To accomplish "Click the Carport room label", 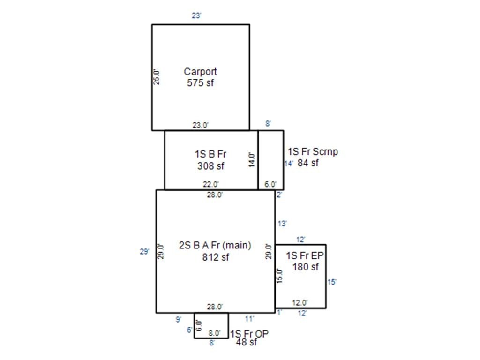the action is (200, 72).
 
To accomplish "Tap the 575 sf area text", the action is (200, 82).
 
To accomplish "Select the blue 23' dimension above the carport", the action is (196, 15).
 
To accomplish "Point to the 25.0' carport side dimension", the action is (156, 77).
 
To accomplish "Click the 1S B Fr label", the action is (210, 154).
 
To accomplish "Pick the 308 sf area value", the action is (210, 166).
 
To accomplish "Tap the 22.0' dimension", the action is (211, 184).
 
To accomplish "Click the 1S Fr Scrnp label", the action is (313, 151).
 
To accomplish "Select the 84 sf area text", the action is (308, 163).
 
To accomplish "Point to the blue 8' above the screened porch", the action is (268, 124).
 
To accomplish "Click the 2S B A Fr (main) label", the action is (215, 245).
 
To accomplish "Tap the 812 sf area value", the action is (215, 257).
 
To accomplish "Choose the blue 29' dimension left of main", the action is (145, 251).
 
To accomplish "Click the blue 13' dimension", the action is (282, 224).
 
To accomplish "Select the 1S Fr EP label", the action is (305, 255).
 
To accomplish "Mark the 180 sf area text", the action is (306, 267).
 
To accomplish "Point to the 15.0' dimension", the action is (279, 276).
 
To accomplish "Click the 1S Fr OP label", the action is (249, 334).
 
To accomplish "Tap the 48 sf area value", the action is (247, 342).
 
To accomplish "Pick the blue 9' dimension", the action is (179, 319).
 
